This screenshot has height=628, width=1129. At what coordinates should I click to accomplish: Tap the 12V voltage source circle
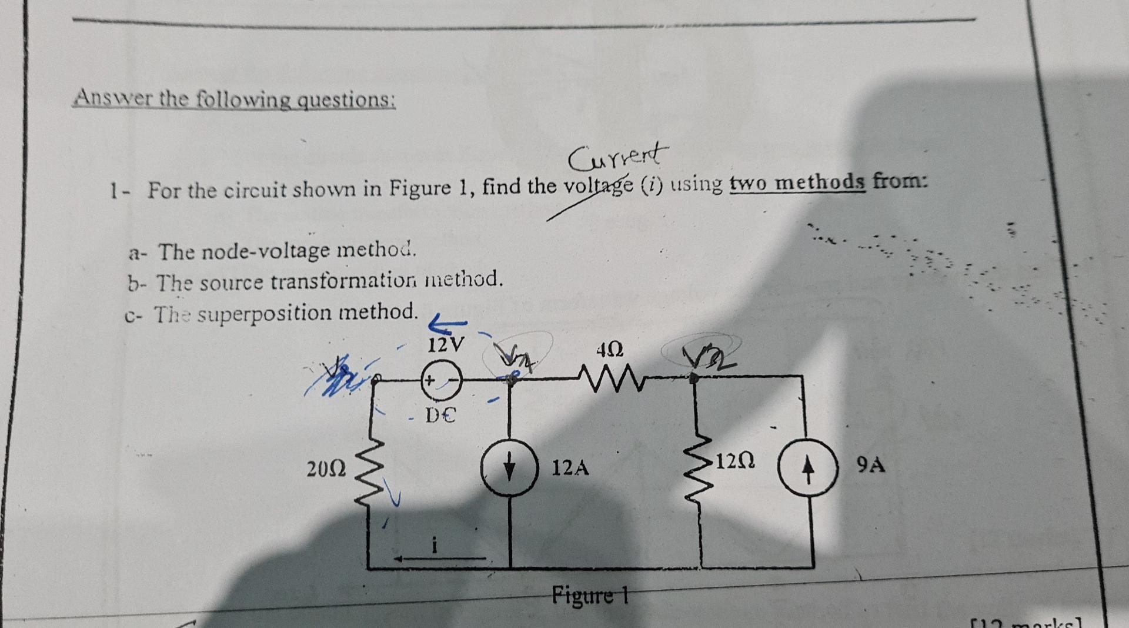click(441, 381)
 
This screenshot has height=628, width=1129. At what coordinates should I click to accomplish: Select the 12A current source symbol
click(509, 468)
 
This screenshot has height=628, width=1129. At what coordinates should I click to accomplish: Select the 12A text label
click(570, 468)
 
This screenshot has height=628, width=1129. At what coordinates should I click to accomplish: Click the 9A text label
click(870, 465)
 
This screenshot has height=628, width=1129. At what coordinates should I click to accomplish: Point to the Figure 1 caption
click(590, 595)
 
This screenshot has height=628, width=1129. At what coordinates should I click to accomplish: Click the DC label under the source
click(440, 416)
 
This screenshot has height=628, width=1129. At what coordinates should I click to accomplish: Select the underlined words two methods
click(797, 182)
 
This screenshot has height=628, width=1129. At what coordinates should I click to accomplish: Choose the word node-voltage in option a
click(262, 251)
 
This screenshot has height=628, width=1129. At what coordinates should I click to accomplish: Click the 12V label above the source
click(445, 344)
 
